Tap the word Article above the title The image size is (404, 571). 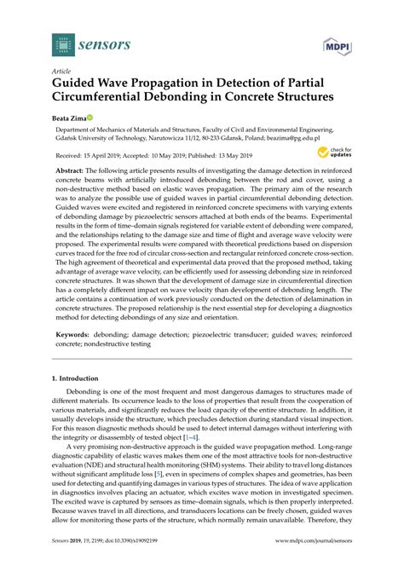click(61, 71)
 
